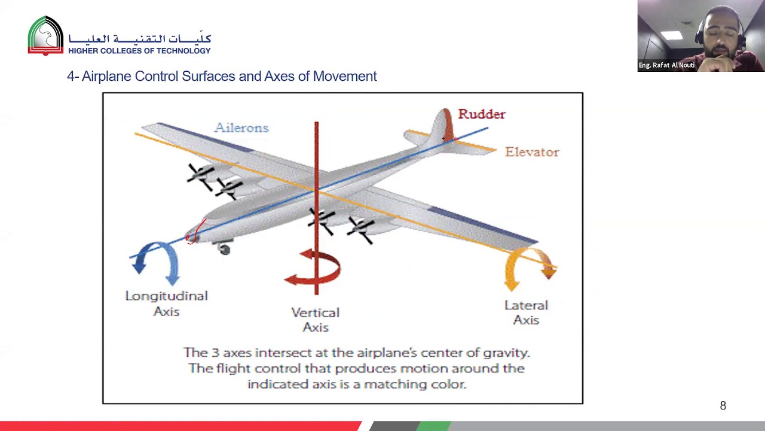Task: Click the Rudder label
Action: pyautogui.click(x=481, y=114)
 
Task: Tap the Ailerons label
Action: pyautogui.click(x=241, y=128)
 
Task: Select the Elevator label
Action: pyautogui.click(x=532, y=152)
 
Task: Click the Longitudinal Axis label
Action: pyautogui.click(x=166, y=303)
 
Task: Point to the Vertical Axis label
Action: pyautogui.click(x=315, y=320)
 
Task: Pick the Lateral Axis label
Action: pyautogui.click(x=526, y=312)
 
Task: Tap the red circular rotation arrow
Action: pyautogui.click(x=314, y=270)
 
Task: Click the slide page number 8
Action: pyautogui.click(x=723, y=406)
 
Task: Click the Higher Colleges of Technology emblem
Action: pyautogui.click(x=45, y=36)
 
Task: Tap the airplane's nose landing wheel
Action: pyautogui.click(x=224, y=250)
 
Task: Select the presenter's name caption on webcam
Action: pyautogui.click(x=666, y=65)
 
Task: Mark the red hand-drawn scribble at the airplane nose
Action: pyautogui.click(x=194, y=233)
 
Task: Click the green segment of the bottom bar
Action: pyautogui.click(x=434, y=426)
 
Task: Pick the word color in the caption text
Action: pyautogui.click(x=448, y=384)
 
